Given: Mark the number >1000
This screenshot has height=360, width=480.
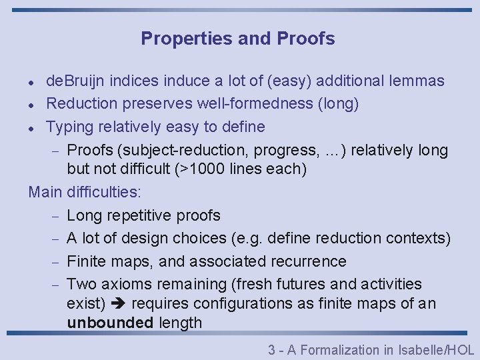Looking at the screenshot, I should coord(200,169).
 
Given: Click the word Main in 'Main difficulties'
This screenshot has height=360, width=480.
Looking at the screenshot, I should coord(45,192).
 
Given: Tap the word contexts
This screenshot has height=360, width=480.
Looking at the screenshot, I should coord(421,238).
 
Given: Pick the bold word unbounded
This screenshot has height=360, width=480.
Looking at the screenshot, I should coord(111,323).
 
